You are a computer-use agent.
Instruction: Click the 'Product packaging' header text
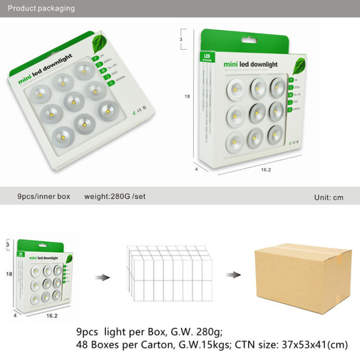click(x=41, y=8)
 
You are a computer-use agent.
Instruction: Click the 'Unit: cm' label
click(x=328, y=198)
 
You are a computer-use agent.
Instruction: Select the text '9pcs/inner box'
click(x=44, y=197)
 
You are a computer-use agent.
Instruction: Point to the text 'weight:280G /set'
click(x=115, y=197)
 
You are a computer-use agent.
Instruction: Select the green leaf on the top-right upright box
click(x=299, y=66)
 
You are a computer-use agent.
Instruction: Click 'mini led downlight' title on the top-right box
click(x=251, y=65)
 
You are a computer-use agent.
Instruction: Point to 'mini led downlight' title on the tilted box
click(x=41, y=77)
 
